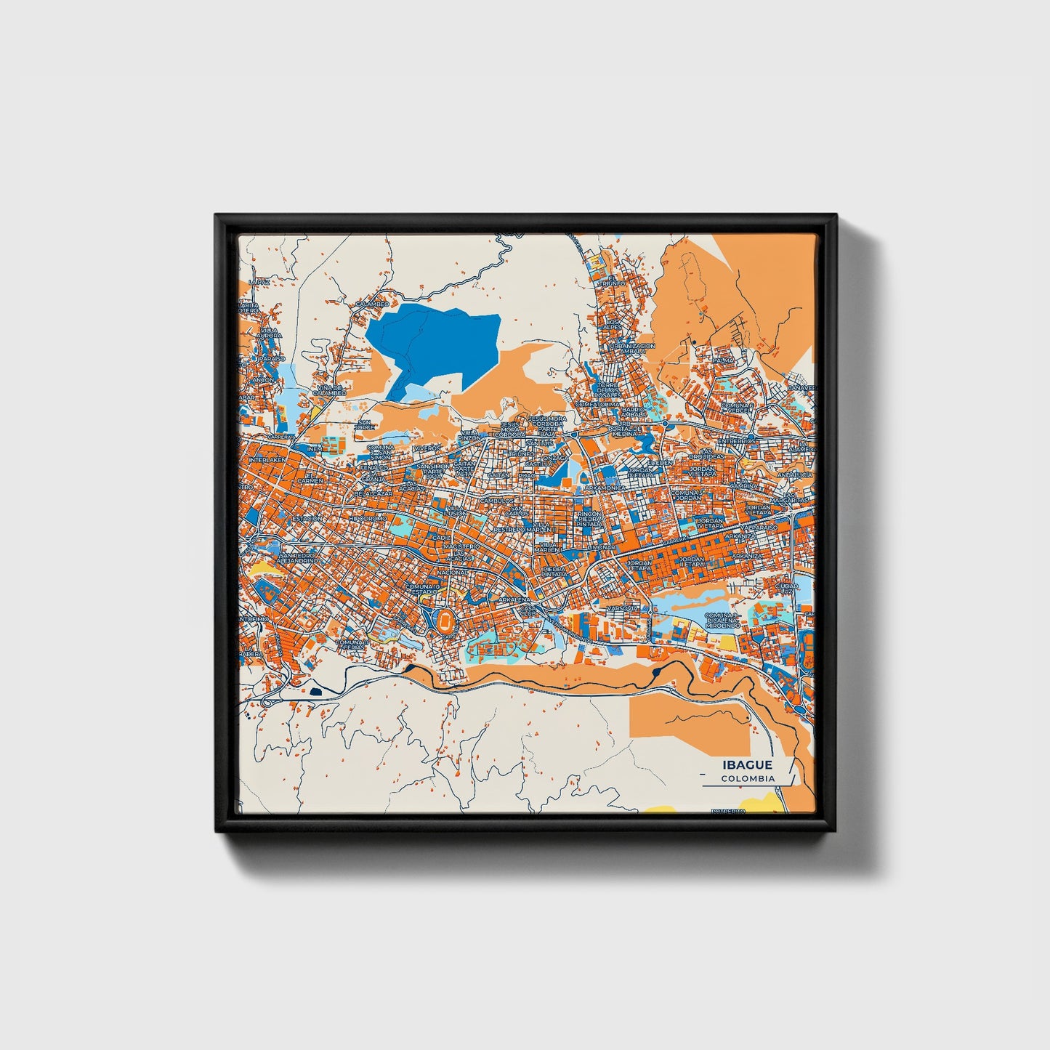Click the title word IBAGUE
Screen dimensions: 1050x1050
coord(747,765)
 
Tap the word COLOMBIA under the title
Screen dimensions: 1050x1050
coord(748,778)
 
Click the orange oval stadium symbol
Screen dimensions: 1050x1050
coord(445,620)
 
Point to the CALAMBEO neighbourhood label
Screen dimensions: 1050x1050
coord(372,304)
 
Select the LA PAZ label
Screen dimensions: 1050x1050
coord(258,281)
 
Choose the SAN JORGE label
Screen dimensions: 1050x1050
coord(364,425)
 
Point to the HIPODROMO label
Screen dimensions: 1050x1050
coord(367,520)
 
